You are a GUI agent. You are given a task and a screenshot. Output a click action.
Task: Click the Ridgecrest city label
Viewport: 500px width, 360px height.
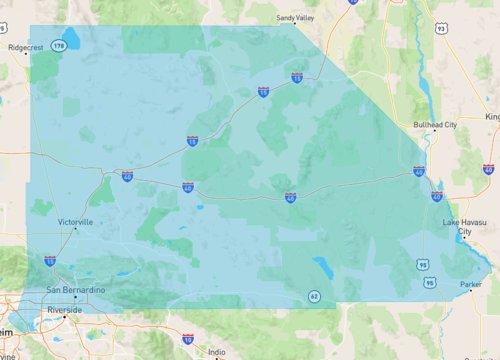pos(26,47)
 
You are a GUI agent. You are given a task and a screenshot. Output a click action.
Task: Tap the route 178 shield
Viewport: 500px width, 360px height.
pos(60,46)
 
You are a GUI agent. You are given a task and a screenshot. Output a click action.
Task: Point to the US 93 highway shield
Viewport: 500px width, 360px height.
pos(440,29)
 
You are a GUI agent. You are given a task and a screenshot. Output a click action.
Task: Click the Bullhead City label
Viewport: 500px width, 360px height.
pos(435,125)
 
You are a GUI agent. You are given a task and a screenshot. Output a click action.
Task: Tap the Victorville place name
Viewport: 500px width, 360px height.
pos(75,221)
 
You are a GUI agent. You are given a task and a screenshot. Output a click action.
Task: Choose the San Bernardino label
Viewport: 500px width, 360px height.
pos(75,290)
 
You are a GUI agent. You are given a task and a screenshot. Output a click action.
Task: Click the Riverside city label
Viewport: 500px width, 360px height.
pos(65,310)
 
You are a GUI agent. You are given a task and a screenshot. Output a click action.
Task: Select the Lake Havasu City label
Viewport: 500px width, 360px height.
pos(464,227)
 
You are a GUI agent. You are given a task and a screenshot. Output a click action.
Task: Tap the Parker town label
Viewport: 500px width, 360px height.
pos(470,285)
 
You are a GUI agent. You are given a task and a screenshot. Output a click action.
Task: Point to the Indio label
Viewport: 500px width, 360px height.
pos(214,352)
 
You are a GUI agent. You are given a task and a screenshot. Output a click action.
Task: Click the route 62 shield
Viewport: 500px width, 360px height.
pos(314,297)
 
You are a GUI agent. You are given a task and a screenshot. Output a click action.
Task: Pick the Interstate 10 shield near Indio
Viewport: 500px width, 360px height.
pos(188,341)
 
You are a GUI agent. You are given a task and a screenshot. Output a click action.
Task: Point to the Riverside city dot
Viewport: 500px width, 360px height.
pos(66,318)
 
